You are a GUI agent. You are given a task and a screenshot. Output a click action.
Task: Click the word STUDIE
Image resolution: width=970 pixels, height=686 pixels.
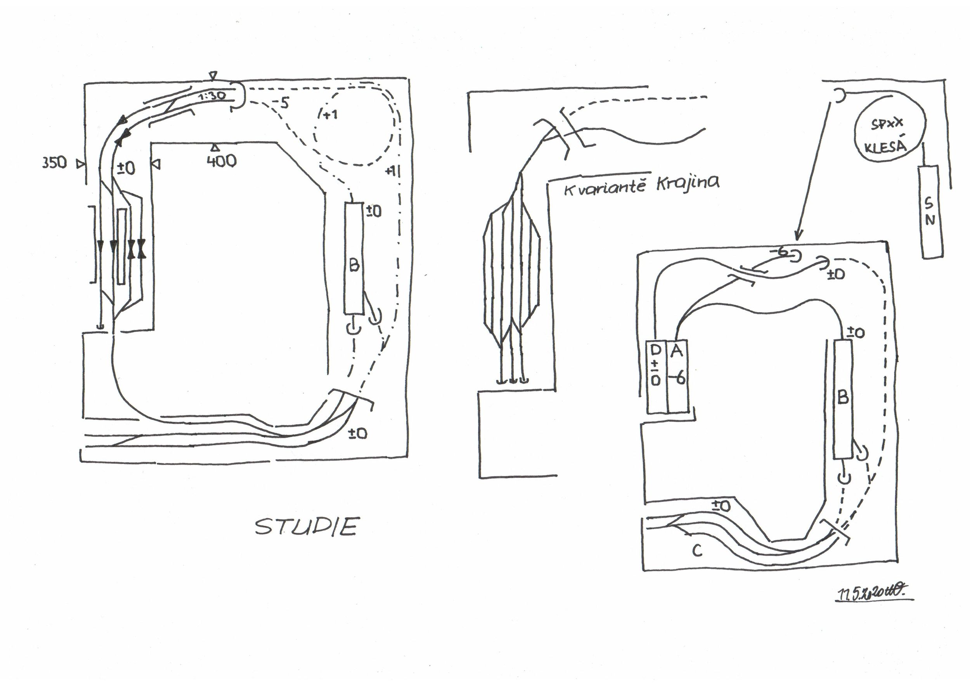(x=306, y=527)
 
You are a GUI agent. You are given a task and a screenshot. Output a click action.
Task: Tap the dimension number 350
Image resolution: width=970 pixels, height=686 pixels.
(x=54, y=163)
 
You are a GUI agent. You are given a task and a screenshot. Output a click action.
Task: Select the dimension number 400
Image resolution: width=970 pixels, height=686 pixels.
(x=222, y=161)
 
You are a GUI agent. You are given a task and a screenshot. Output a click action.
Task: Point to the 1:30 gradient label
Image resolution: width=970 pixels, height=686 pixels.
(x=212, y=96)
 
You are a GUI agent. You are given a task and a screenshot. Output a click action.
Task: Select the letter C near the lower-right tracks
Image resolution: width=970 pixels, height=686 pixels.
(x=697, y=550)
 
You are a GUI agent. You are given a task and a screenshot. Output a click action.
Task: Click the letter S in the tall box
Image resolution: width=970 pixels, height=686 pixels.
(x=928, y=204)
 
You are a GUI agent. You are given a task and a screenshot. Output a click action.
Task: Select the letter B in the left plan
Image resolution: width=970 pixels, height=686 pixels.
(x=354, y=265)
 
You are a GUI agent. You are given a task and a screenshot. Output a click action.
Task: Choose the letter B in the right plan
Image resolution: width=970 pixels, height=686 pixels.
(x=843, y=397)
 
